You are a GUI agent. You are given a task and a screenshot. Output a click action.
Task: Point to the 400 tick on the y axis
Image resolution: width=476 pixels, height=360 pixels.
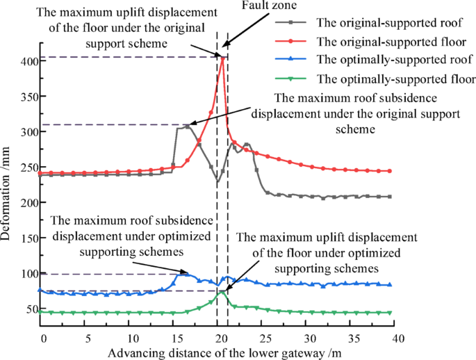pos(26,61)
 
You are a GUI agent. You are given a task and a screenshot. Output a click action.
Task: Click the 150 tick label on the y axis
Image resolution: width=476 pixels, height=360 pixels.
pos(26,238)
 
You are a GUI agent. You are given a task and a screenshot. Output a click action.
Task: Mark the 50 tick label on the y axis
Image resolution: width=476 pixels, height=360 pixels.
pos(28,309)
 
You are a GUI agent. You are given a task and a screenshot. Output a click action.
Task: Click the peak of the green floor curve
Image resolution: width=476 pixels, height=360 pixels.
pos(221,292)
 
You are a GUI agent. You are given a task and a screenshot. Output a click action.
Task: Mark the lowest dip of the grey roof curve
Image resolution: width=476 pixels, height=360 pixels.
pos(218,181)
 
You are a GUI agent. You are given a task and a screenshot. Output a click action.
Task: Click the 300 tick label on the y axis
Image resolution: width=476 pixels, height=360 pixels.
pos(26,132)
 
